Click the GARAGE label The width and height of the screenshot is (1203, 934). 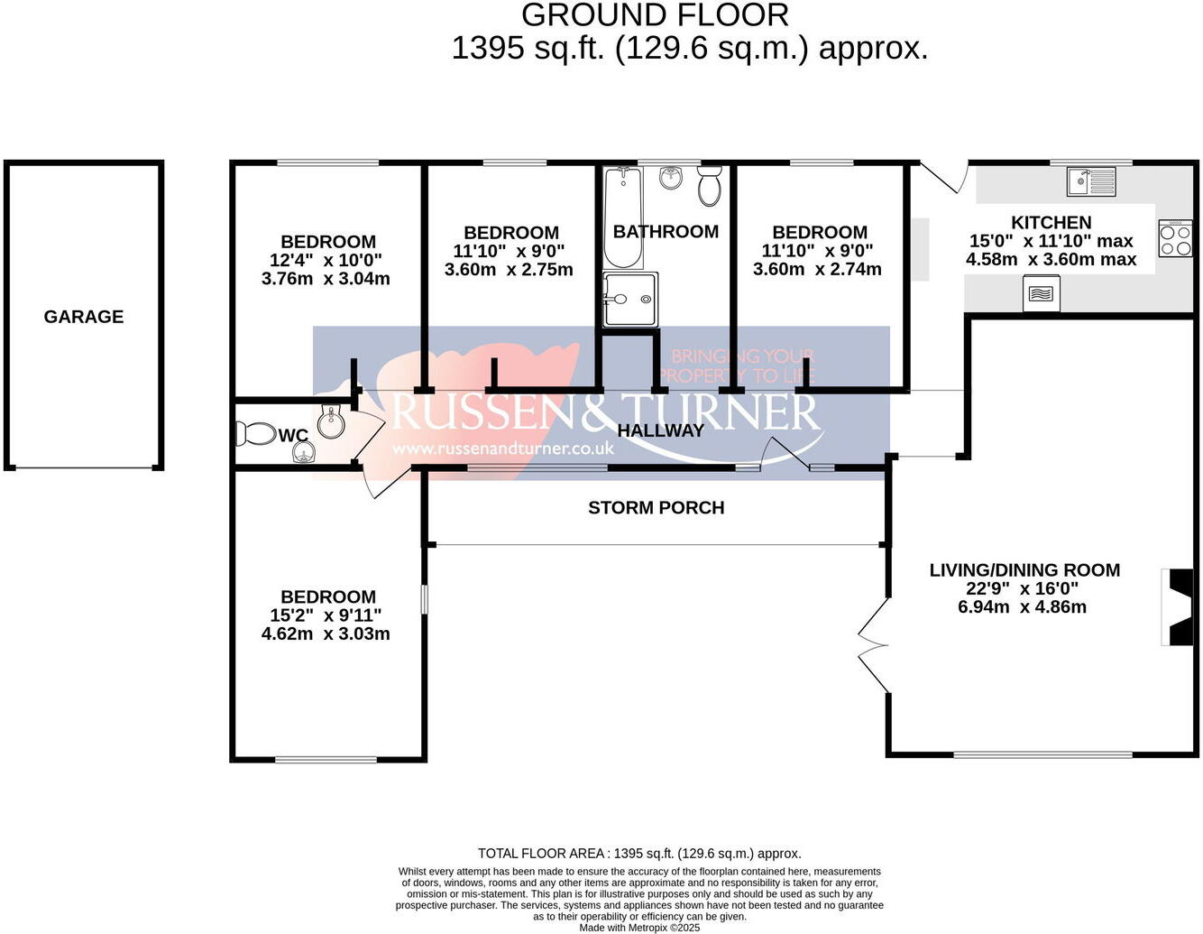tap(84, 317)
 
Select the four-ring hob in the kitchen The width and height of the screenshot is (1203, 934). tap(1176, 238)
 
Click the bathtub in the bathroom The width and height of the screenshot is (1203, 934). tap(623, 217)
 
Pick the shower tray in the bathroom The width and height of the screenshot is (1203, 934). tap(630, 299)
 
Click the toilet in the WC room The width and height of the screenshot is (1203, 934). tap(256, 433)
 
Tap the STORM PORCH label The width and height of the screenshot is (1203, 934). tap(656, 507)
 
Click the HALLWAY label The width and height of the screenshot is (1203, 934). tap(660, 430)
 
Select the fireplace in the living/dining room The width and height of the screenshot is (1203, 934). tap(1177, 606)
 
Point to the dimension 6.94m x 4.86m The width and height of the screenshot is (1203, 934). tap(1022, 606)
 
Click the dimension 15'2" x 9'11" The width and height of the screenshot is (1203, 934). tap(326, 615)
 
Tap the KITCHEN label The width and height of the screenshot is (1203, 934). tap(1051, 222)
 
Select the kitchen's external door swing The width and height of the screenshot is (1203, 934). tap(943, 176)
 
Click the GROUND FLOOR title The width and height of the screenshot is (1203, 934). tap(655, 15)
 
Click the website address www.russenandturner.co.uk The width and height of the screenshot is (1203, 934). tap(502, 448)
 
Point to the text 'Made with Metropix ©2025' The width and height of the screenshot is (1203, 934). tap(639, 928)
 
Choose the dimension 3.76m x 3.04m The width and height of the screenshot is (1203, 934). tap(326, 278)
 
